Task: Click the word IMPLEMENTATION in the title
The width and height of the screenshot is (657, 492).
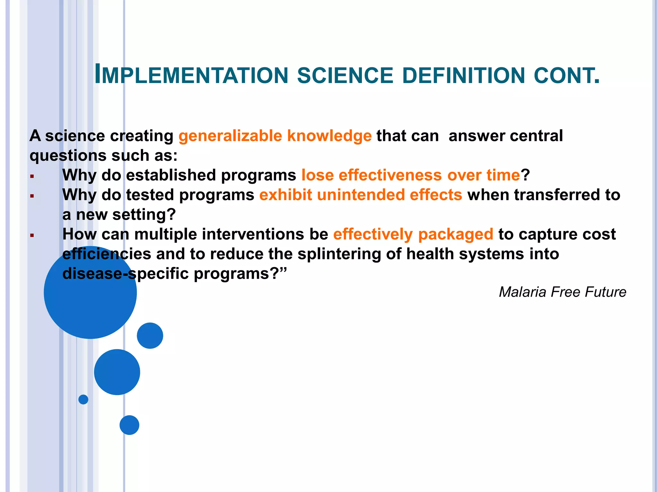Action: pyautogui.click(x=192, y=75)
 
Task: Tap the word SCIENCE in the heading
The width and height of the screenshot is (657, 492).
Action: pyautogui.click(x=345, y=76)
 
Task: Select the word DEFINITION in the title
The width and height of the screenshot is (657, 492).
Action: pyautogui.click(x=463, y=76)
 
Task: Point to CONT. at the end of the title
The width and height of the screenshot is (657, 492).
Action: pyautogui.click(x=567, y=76)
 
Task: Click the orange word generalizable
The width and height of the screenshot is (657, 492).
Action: pyautogui.click(x=230, y=136)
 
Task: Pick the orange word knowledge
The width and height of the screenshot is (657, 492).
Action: pyautogui.click(x=329, y=136)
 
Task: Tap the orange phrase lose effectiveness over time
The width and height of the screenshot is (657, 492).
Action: pyautogui.click(x=410, y=175)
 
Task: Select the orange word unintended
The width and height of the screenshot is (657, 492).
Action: pyautogui.click(x=361, y=195)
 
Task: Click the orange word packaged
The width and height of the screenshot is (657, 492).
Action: pyautogui.click(x=456, y=234)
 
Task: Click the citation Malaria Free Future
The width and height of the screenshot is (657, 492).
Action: pyautogui.click(x=562, y=292)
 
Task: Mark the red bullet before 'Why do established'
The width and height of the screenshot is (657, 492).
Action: pyautogui.click(x=32, y=176)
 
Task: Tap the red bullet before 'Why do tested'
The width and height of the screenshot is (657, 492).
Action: pyautogui.click(x=32, y=196)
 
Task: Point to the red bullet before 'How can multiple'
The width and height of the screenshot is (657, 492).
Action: pyautogui.click(x=32, y=235)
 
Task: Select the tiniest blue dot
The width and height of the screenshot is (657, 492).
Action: pyautogui.click(x=83, y=399)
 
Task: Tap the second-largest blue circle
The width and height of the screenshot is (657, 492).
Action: pyautogui.click(x=117, y=372)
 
